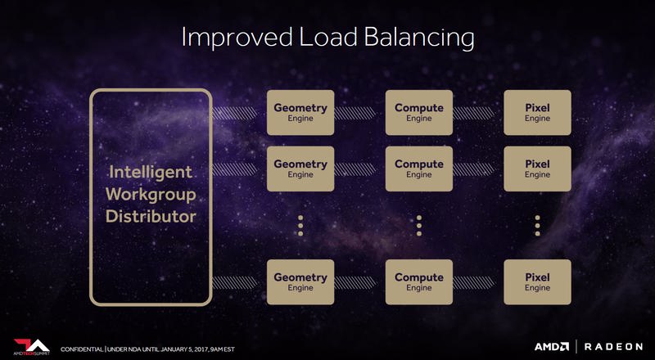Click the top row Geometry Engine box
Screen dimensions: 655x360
click(x=300, y=112)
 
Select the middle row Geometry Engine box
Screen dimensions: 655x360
click(x=300, y=169)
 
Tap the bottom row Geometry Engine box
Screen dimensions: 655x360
click(x=300, y=282)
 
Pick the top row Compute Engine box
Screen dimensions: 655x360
click(x=419, y=112)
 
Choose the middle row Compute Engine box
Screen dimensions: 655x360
click(x=419, y=169)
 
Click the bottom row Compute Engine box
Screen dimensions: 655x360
click(x=419, y=282)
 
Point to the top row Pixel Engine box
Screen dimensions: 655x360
click(x=537, y=112)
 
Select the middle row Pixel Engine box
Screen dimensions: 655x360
click(x=537, y=169)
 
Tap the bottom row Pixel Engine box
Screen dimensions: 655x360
click(x=537, y=282)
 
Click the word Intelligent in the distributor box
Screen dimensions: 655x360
click(x=151, y=173)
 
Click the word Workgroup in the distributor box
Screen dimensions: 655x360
click(x=151, y=195)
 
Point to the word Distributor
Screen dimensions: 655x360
click(x=151, y=217)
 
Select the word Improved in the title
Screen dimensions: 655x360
click(x=237, y=38)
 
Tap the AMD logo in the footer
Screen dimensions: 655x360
click(x=551, y=347)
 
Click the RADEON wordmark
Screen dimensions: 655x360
click(x=613, y=347)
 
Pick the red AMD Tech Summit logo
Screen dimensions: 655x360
click(x=32, y=347)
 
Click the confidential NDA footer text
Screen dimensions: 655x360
click(x=147, y=349)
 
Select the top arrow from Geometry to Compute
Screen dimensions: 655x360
click(x=355, y=113)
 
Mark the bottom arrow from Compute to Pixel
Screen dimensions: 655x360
click(x=474, y=283)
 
